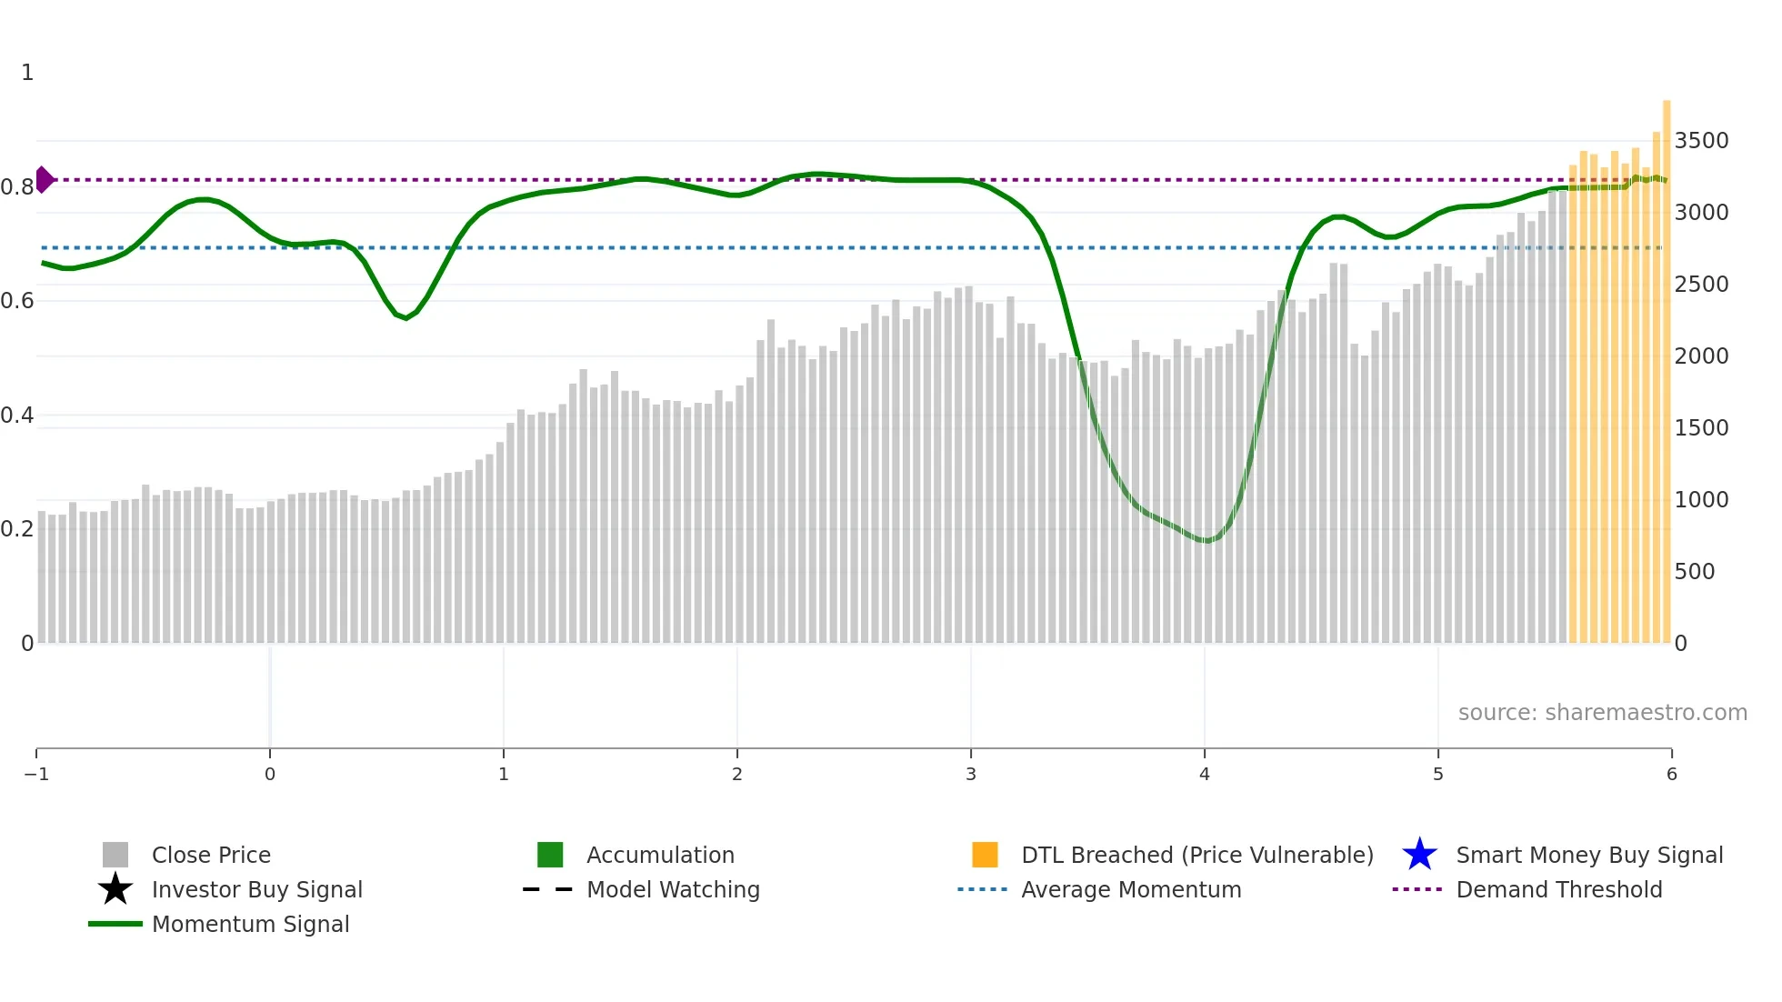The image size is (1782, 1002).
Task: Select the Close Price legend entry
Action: [210, 855]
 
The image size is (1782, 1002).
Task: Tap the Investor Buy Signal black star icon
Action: [115, 889]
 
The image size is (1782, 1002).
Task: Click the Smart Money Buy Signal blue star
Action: [1419, 855]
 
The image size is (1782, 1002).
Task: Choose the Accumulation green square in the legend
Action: [550, 855]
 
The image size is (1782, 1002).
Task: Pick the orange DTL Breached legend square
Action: [985, 855]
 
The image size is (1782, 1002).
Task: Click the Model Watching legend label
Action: [673, 889]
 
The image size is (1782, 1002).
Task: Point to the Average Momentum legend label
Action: [1131, 889]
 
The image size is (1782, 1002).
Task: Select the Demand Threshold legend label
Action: [1558, 889]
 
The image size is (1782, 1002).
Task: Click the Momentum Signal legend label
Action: [250, 924]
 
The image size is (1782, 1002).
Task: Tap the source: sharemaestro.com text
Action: [1602, 712]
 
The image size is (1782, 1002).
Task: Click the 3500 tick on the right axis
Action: [1701, 141]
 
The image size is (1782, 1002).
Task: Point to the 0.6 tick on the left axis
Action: [17, 301]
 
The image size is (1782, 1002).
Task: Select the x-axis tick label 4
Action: [1205, 774]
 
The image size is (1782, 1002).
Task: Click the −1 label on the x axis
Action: [36, 774]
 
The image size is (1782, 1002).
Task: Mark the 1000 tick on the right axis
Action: [1701, 500]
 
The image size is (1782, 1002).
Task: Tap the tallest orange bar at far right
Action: [1667, 364]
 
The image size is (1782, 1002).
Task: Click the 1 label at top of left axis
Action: [27, 73]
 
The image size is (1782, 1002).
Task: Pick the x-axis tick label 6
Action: [1671, 774]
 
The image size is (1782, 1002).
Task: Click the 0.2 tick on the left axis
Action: [17, 529]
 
